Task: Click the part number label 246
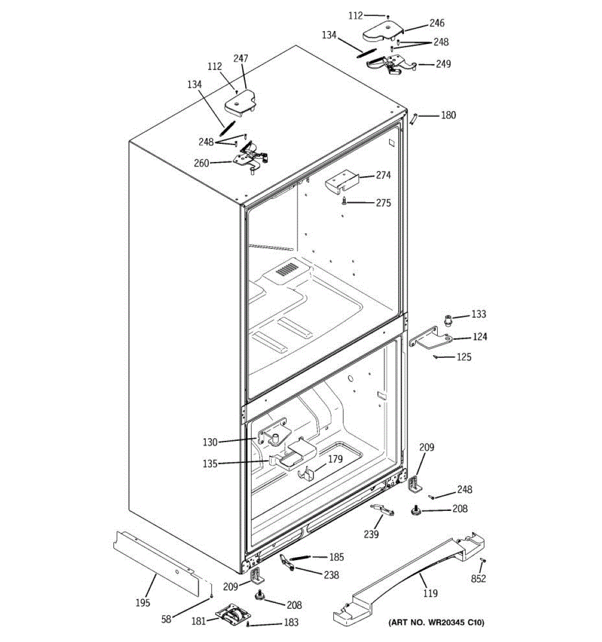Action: (437, 23)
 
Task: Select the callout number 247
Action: (241, 58)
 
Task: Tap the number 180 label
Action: (448, 115)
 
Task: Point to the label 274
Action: (383, 175)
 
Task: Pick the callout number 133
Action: (478, 314)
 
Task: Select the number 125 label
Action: (464, 357)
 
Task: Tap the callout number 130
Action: (210, 442)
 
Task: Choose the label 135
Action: (210, 464)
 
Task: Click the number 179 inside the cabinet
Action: (335, 458)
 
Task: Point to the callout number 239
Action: (371, 534)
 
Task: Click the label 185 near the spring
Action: (336, 557)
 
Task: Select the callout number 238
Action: (332, 575)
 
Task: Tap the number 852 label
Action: (478, 578)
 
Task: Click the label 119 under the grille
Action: (430, 593)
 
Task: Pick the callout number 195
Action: (142, 603)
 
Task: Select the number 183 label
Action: (291, 622)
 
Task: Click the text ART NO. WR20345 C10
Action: (436, 622)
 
